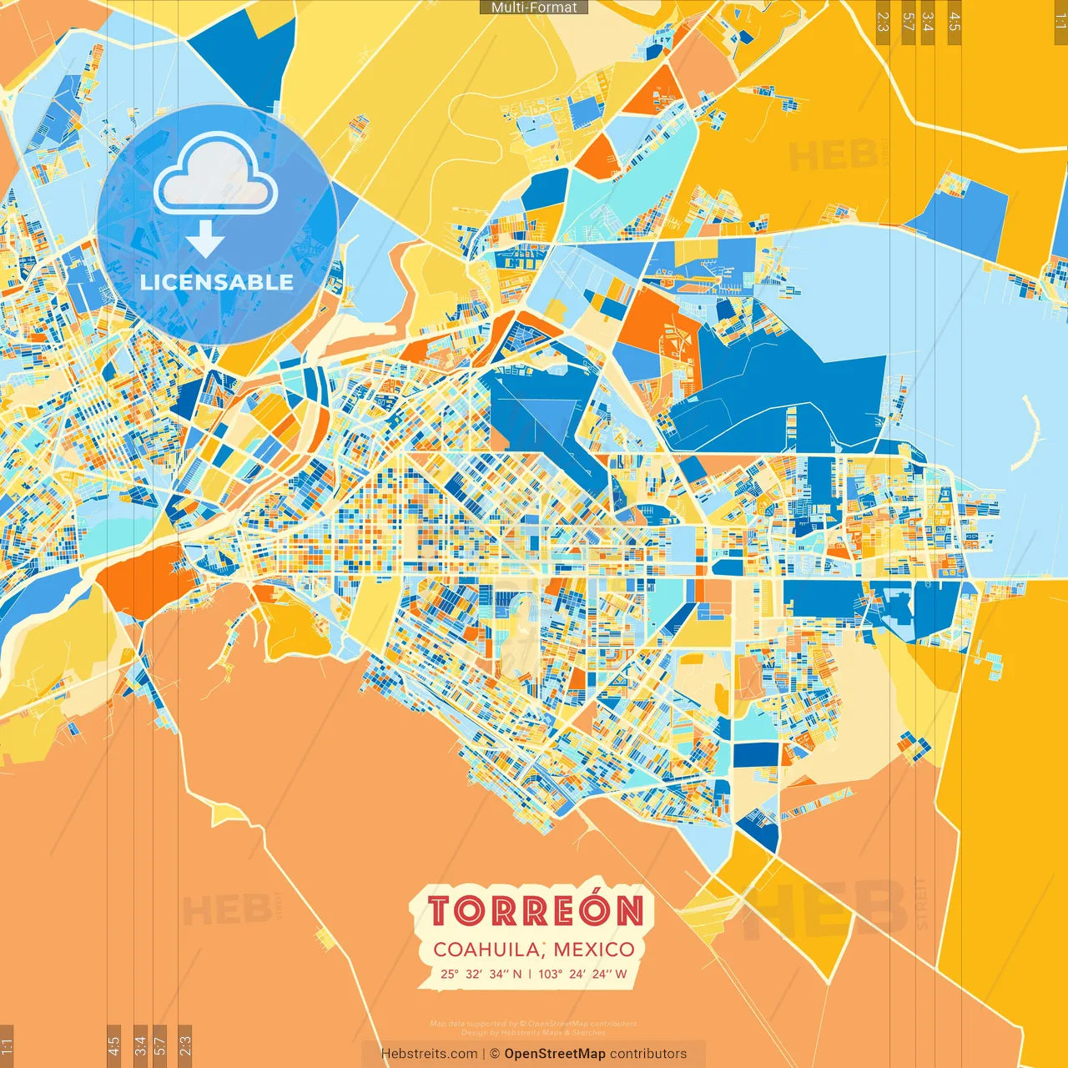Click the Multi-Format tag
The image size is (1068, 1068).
[x=534, y=8]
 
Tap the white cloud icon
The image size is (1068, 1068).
[x=216, y=176]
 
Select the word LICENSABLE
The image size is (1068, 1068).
[x=217, y=282]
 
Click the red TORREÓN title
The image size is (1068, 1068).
[x=536, y=911]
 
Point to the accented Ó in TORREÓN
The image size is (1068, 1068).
[x=594, y=909]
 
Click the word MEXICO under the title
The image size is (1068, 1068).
[x=593, y=950]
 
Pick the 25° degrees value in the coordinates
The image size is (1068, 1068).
[x=450, y=974]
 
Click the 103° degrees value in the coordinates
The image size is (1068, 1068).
[x=550, y=974]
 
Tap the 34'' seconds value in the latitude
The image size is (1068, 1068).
[x=499, y=974]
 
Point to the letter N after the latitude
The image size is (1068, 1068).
[x=517, y=974]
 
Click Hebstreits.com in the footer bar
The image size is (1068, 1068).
[x=429, y=1054]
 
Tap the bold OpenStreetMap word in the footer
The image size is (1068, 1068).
[x=554, y=1054]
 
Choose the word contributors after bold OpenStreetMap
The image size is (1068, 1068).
[x=648, y=1054]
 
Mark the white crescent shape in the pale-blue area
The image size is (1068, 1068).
[x=1030, y=434]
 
